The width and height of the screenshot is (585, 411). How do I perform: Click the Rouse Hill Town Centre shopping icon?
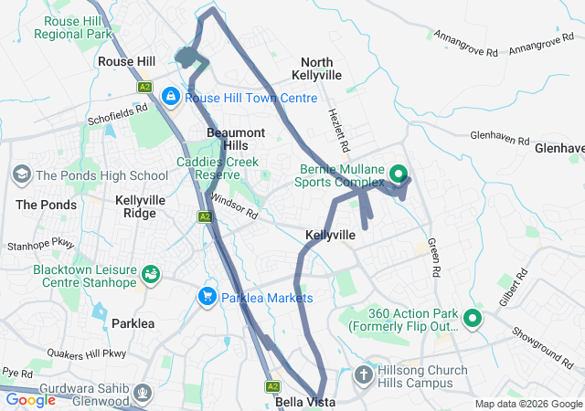[171, 95]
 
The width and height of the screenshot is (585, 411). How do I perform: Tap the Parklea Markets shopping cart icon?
[207, 297]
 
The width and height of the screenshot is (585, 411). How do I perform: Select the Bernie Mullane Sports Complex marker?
[399, 173]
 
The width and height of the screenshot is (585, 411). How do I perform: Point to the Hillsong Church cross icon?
[364, 374]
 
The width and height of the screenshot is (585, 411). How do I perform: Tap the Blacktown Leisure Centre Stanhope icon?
[150, 273]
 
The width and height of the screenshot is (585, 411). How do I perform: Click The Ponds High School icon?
[21, 174]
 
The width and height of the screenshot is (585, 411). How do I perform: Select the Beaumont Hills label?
[235, 139]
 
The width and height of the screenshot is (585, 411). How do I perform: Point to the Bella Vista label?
[303, 402]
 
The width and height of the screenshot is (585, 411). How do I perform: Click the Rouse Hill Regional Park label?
[72, 26]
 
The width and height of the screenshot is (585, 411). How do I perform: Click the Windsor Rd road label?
[235, 206]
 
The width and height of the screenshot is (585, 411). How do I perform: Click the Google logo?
[30, 399]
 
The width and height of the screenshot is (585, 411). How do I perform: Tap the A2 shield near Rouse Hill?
[144, 87]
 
